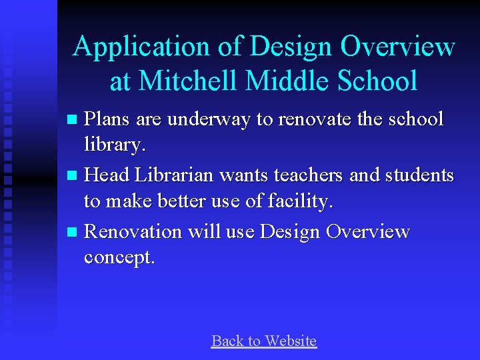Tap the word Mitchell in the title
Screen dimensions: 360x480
(x=190, y=81)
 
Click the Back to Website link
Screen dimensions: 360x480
(x=263, y=341)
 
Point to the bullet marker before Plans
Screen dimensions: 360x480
(x=73, y=121)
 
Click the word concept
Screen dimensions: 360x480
(x=118, y=257)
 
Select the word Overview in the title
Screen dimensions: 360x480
(x=398, y=47)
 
